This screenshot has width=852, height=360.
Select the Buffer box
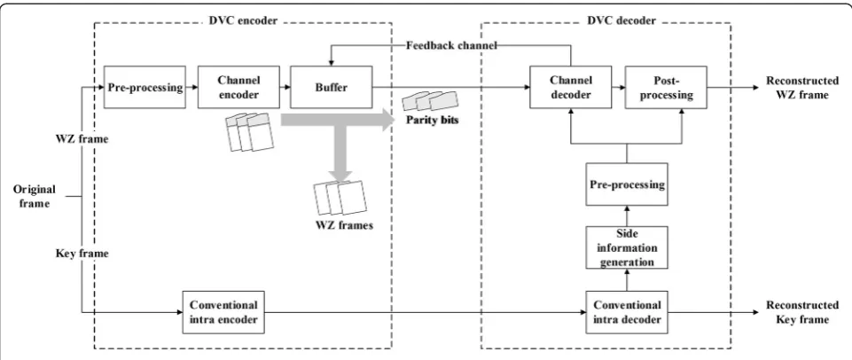point(331,87)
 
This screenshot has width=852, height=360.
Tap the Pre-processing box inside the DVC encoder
point(145,87)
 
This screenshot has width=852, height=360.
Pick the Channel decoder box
point(571,87)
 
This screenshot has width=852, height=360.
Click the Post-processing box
point(666,87)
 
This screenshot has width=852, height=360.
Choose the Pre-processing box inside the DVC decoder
point(627,184)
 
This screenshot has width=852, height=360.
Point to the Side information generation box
point(627,247)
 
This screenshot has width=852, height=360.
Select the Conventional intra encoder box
point(223,312)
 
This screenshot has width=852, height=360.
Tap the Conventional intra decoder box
point(627,312)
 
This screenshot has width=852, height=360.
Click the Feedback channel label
point(451,45)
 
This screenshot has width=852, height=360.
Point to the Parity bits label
point(433,120)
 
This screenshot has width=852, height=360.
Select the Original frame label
point(35,196)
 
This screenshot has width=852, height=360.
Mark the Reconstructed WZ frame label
point(802,88)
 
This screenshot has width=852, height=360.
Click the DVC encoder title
point(243,21)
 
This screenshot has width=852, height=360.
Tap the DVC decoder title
point(621,21)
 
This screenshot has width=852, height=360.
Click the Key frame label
point(82,254)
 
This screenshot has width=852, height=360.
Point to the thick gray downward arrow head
point(340,174)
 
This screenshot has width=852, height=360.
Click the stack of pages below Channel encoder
point(249,131)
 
